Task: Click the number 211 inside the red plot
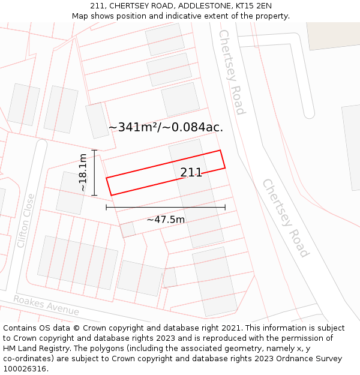[x=191, y=173]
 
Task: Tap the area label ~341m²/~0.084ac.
[x=166, y=127]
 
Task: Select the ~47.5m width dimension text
[x=166, y=220]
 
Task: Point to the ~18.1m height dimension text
[x=83, y=173]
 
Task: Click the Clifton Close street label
[x=26, y=221]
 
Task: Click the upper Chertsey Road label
[x=232, y=72]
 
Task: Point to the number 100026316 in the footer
[x=25, y=368]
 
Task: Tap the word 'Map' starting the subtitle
[x=81, y=16]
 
